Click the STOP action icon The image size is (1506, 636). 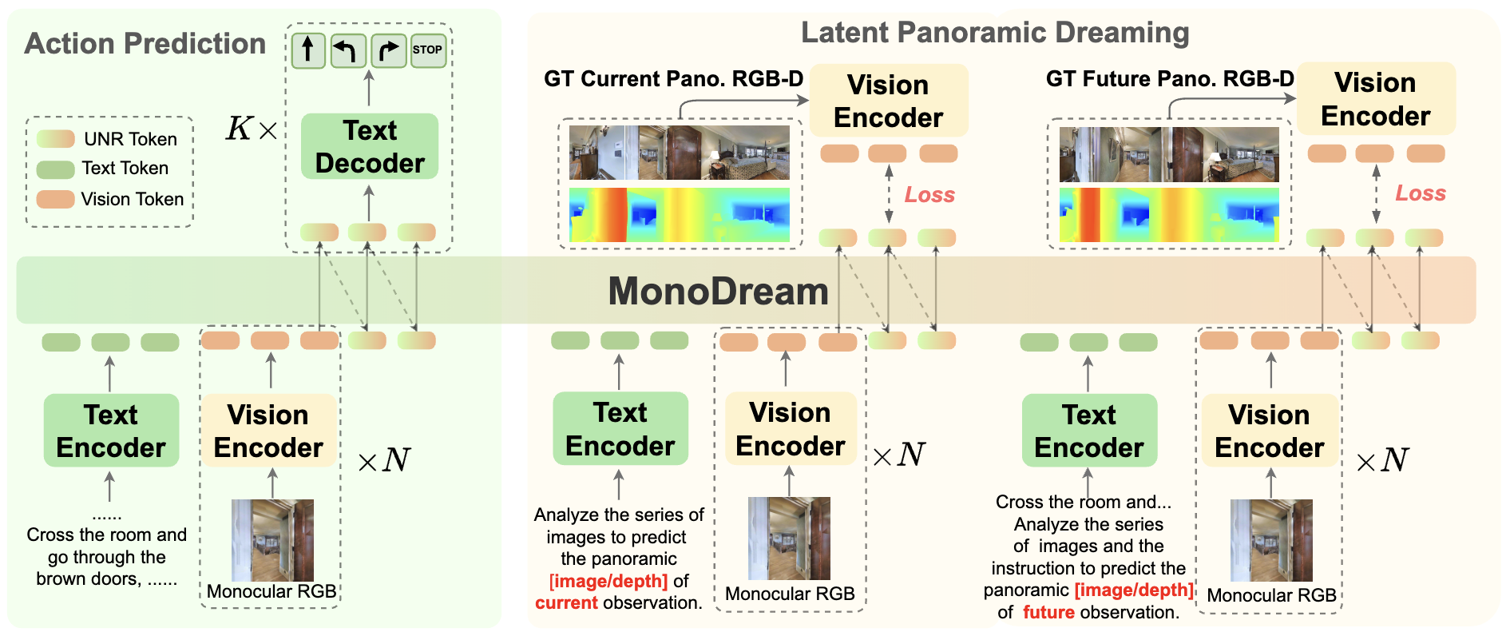(x=428, y=50)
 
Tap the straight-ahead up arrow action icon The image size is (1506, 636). (x=308, y=50)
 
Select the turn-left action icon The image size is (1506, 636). (x=348, y=50)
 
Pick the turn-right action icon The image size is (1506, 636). (x=388, y=50)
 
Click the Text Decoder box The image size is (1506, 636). (x=370, y=146)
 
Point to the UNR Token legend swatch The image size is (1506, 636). (x=56, y=139)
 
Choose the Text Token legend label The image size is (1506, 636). (x=125, y=169)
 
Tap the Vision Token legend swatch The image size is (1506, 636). (x=56, y=199)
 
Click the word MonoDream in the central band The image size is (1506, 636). (x=718, y=291)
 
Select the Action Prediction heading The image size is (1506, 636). (x=145, y=44)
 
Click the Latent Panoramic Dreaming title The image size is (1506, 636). (x=995, y=33)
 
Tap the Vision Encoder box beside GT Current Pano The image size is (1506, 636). (x=889, y=101)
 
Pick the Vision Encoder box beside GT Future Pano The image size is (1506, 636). (x=1375, y=99)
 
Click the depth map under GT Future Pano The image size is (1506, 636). (x=1169, y=214)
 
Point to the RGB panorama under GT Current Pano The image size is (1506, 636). (x=679, y=153)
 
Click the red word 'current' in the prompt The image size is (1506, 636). (x=566, y=603)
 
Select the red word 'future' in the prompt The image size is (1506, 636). (x=1048, y=613)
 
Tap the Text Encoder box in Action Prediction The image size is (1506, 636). (x=111, y=431)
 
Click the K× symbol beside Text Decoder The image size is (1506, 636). (x=251, y=129)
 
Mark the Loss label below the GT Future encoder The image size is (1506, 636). (x=1420, y=193)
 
